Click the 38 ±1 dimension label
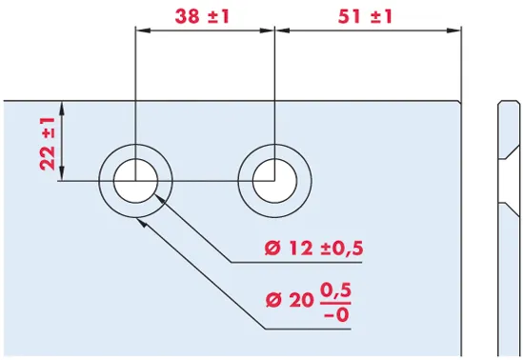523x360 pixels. (202, 16)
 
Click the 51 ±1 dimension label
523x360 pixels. (365, 16)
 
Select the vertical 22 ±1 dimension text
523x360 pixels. (48, 144)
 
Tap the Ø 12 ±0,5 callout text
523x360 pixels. (313, 249)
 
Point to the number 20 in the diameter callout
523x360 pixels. (301, 300)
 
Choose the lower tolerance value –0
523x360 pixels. (336, 314)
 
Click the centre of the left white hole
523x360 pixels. (135, 181)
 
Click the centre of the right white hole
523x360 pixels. (274, 181)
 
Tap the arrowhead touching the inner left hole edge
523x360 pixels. (160, 199)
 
